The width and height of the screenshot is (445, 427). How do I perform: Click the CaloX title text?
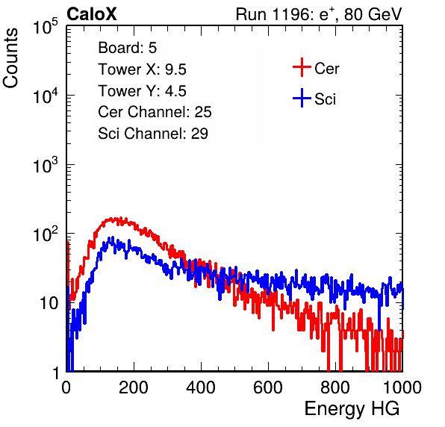point(92,14)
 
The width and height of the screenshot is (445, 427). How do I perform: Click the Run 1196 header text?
point(319,14)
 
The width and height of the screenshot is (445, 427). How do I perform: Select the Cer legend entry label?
point(326,69)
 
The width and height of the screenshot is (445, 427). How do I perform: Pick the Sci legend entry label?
point(326,99)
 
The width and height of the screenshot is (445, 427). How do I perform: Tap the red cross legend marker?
point(302,67)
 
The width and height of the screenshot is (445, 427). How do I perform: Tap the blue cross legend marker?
point(302,98)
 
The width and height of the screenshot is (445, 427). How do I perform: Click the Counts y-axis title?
point(10,58)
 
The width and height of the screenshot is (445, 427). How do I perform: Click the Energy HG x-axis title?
point(352,409)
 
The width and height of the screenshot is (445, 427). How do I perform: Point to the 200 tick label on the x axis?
point(134,387)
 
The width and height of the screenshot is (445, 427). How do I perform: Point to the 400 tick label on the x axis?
point(201,387)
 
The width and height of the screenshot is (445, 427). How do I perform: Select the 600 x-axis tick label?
point(268,387)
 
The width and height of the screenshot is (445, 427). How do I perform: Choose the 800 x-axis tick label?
point(335,387)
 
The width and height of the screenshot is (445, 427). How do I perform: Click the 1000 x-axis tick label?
point(402,387)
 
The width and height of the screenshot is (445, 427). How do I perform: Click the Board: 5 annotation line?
point(128,48)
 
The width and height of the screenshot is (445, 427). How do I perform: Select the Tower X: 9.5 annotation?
point(142,69)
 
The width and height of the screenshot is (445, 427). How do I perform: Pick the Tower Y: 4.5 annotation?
point(142,91)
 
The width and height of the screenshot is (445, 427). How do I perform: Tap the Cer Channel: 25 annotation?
point(155,112)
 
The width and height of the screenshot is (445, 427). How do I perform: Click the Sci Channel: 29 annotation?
point(153,134)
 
